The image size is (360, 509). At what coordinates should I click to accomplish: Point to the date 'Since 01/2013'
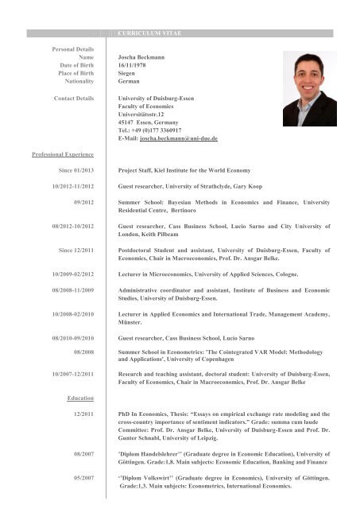(75, 169)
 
